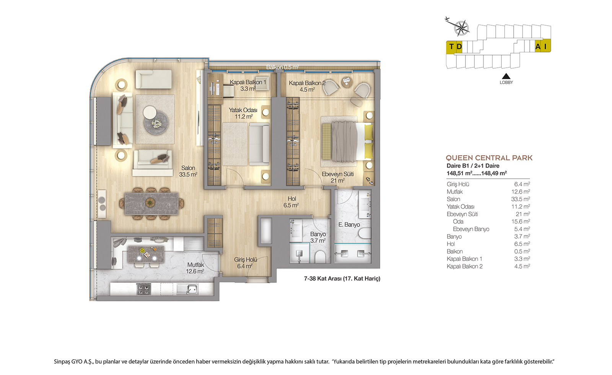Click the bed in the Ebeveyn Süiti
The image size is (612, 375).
(347, 141)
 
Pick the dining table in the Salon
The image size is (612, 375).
(151, 203)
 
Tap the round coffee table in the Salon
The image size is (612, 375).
(156, 123)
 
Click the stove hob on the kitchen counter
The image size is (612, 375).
(144, 289)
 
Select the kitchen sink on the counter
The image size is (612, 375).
(187, 289)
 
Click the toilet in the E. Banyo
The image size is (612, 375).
(365, 233)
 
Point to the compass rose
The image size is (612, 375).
(461, 28)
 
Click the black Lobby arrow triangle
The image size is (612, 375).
(506, 76)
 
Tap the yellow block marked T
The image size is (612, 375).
(451, 47)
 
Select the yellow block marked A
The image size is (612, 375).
(538, 46)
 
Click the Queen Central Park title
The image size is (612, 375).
(489, 158)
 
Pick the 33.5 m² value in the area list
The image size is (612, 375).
(521, 199)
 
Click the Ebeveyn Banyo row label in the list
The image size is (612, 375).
(471, 229)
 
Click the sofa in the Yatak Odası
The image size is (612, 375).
(259, 144)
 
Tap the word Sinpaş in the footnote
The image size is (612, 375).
(62, 362)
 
